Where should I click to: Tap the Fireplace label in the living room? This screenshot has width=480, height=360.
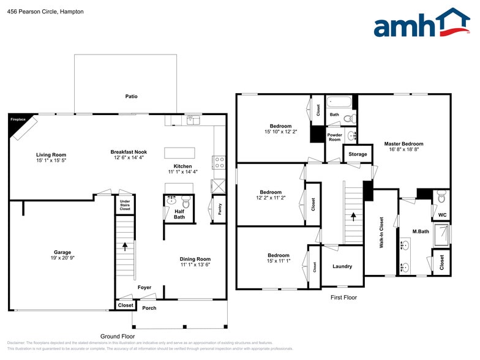18,120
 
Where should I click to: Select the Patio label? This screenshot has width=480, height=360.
131,97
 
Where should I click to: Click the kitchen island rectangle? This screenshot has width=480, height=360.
179,152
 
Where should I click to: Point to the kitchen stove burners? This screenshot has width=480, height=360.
219,162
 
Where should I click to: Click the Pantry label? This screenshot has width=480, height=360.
219,209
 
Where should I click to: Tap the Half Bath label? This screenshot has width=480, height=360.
179,214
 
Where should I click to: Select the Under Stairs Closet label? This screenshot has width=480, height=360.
124,204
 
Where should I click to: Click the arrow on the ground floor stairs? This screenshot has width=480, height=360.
125,247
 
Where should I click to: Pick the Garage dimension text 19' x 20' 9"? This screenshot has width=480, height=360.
62,258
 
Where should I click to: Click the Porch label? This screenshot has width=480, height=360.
149,308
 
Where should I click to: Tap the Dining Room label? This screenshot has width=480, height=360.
195,259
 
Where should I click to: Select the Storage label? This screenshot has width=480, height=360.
358,154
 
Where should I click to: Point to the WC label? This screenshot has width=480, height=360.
442,215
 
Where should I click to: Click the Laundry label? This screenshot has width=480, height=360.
342,266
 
